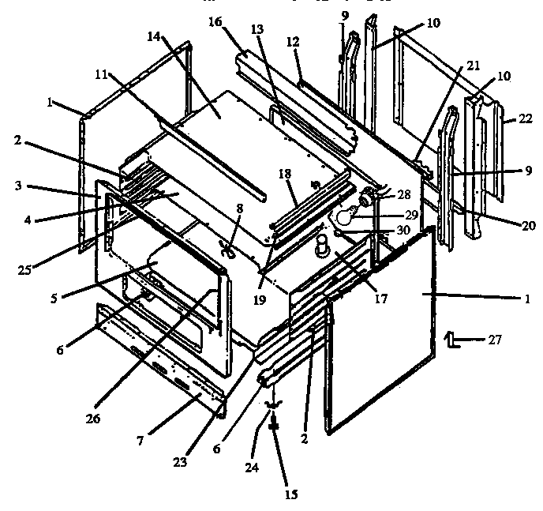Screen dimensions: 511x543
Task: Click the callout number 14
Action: click(x=154, y=36)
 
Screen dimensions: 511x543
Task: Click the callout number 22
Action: click(x=526, y=119)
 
